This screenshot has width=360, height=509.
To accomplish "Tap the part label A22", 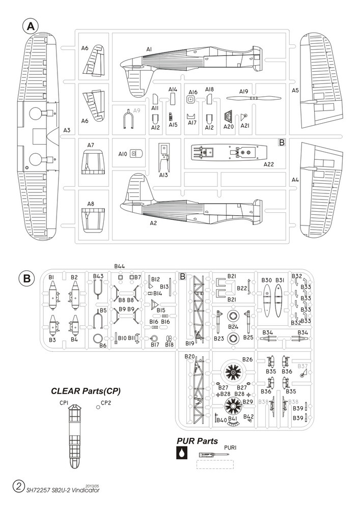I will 269,164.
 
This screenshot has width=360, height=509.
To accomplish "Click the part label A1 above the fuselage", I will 149,49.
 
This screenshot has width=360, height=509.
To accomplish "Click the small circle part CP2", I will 98,407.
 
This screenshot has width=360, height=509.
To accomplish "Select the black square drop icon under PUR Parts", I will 181,453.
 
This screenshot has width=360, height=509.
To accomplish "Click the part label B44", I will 120,266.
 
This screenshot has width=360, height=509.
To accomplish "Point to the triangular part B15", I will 154,305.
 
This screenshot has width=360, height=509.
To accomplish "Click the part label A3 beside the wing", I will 67,130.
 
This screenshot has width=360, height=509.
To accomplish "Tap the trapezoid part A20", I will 229,116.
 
